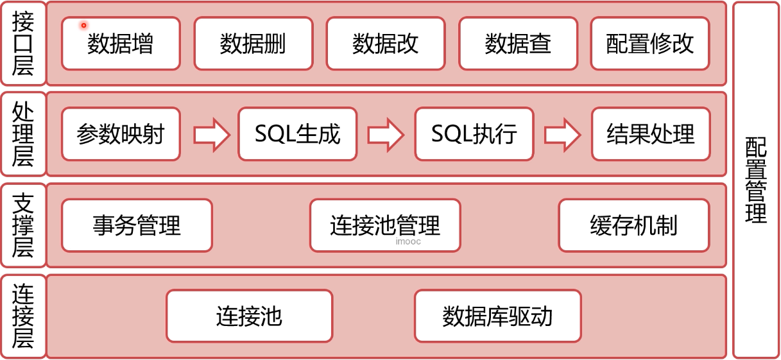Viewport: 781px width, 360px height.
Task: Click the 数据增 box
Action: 121,44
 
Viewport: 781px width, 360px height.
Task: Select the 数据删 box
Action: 253,44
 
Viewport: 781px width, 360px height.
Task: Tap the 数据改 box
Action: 386,44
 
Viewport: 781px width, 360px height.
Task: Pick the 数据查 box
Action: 519,44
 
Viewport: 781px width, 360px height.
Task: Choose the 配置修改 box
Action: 650,44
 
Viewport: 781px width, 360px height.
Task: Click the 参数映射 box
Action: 121,134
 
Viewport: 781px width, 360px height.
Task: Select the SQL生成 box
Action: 298,134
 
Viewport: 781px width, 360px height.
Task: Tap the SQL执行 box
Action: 474,134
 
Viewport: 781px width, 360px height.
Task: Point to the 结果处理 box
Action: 651,134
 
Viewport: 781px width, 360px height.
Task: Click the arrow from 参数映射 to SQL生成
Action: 211,135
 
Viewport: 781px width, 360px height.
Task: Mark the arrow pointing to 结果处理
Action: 562,135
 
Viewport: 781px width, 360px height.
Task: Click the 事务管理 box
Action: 137,225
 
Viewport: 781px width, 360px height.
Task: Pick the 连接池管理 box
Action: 385,225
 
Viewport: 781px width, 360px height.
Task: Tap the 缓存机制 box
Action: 634,225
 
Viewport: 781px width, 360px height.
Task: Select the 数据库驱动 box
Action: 497,316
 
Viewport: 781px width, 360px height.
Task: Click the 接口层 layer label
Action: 23,44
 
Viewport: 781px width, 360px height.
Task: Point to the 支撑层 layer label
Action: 23,225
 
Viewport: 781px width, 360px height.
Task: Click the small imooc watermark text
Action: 408,243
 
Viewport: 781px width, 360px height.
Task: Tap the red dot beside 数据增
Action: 83,26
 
